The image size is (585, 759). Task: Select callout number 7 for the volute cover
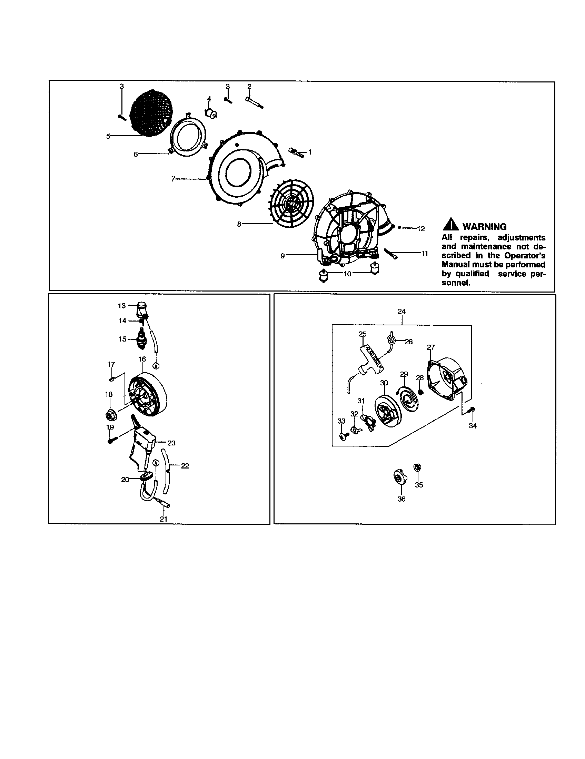pos(173,179)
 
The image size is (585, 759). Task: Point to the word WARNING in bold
pos(485,227)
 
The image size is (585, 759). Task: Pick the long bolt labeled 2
pos(254,102)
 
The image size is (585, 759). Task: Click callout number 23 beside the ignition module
pos(171,443)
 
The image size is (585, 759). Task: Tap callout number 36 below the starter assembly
pos(401,499)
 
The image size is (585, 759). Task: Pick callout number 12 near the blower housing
pos(421,229)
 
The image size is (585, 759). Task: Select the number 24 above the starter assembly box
pos(401,312)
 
